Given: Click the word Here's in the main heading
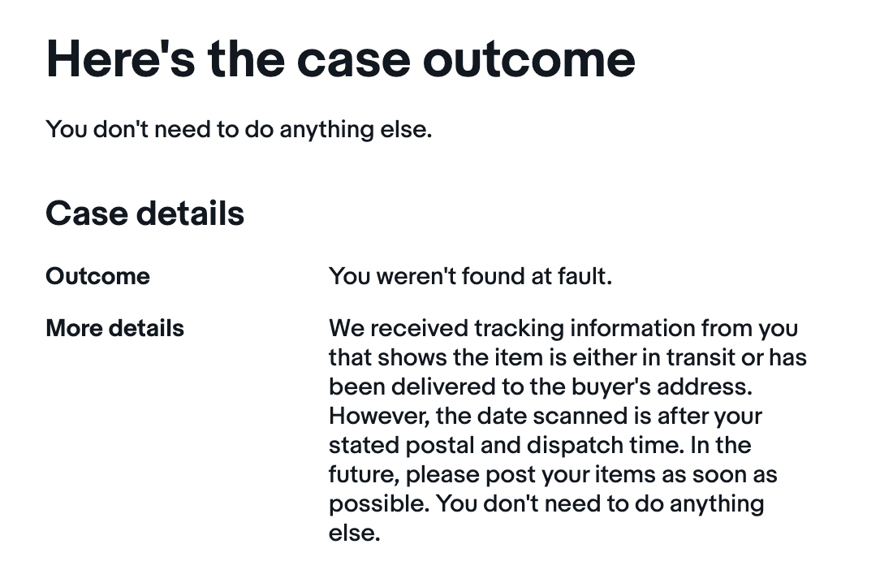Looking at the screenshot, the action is (121, 59).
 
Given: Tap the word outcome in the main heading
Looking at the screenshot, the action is (528, 59).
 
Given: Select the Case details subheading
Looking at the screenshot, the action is (145, 214).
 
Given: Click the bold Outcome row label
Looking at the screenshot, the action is (97, 276).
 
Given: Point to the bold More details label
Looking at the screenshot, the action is (115, 328).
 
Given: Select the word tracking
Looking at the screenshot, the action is (519, 329).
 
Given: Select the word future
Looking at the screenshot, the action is (365, 475).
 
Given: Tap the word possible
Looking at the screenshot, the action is (379, 504).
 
